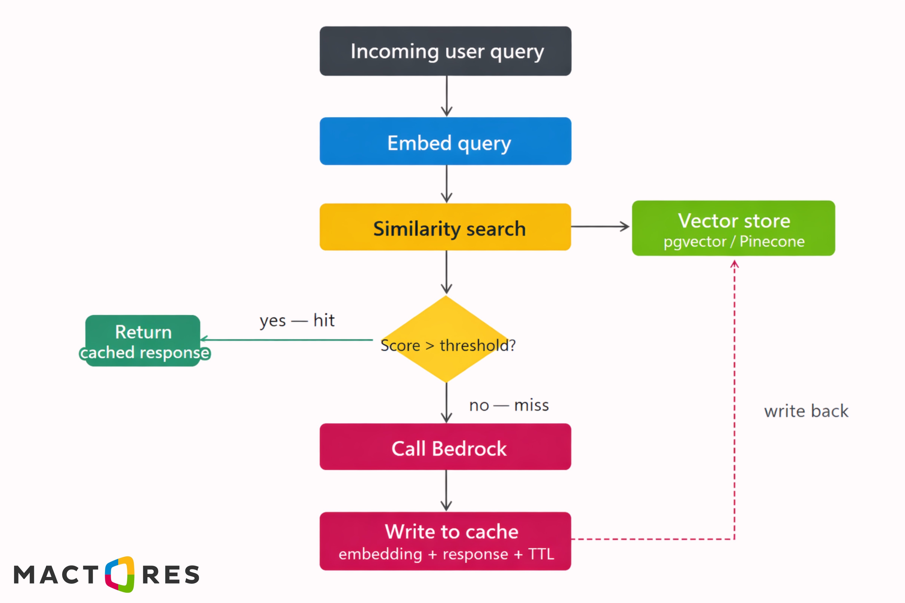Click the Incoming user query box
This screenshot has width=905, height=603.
click(x=445, y=51)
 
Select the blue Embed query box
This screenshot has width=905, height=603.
click(x=445, y=141)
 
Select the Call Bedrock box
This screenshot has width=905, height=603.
click(x=445, y=447)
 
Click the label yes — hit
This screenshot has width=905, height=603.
click(x=297, y=320)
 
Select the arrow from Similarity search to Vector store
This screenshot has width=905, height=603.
click(x=600, y=227)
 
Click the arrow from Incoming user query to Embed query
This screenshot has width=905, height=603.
click(x=446, y=96)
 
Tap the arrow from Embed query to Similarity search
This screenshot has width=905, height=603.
click(x=446, y=184)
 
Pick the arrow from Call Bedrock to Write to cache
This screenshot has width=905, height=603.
click(x=446, y=490)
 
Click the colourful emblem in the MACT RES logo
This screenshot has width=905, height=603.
click(x=120, y=574)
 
